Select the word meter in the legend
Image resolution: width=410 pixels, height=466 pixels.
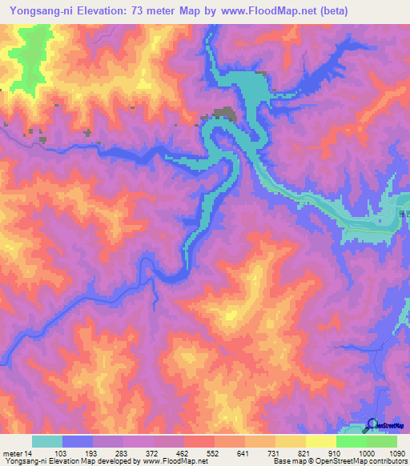tap(12, 453)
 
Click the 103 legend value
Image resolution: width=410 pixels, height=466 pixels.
tap(62, 453)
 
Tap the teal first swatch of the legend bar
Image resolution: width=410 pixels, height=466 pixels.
tap(47, 441)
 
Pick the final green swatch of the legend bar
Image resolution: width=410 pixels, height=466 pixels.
tap(382, 441)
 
